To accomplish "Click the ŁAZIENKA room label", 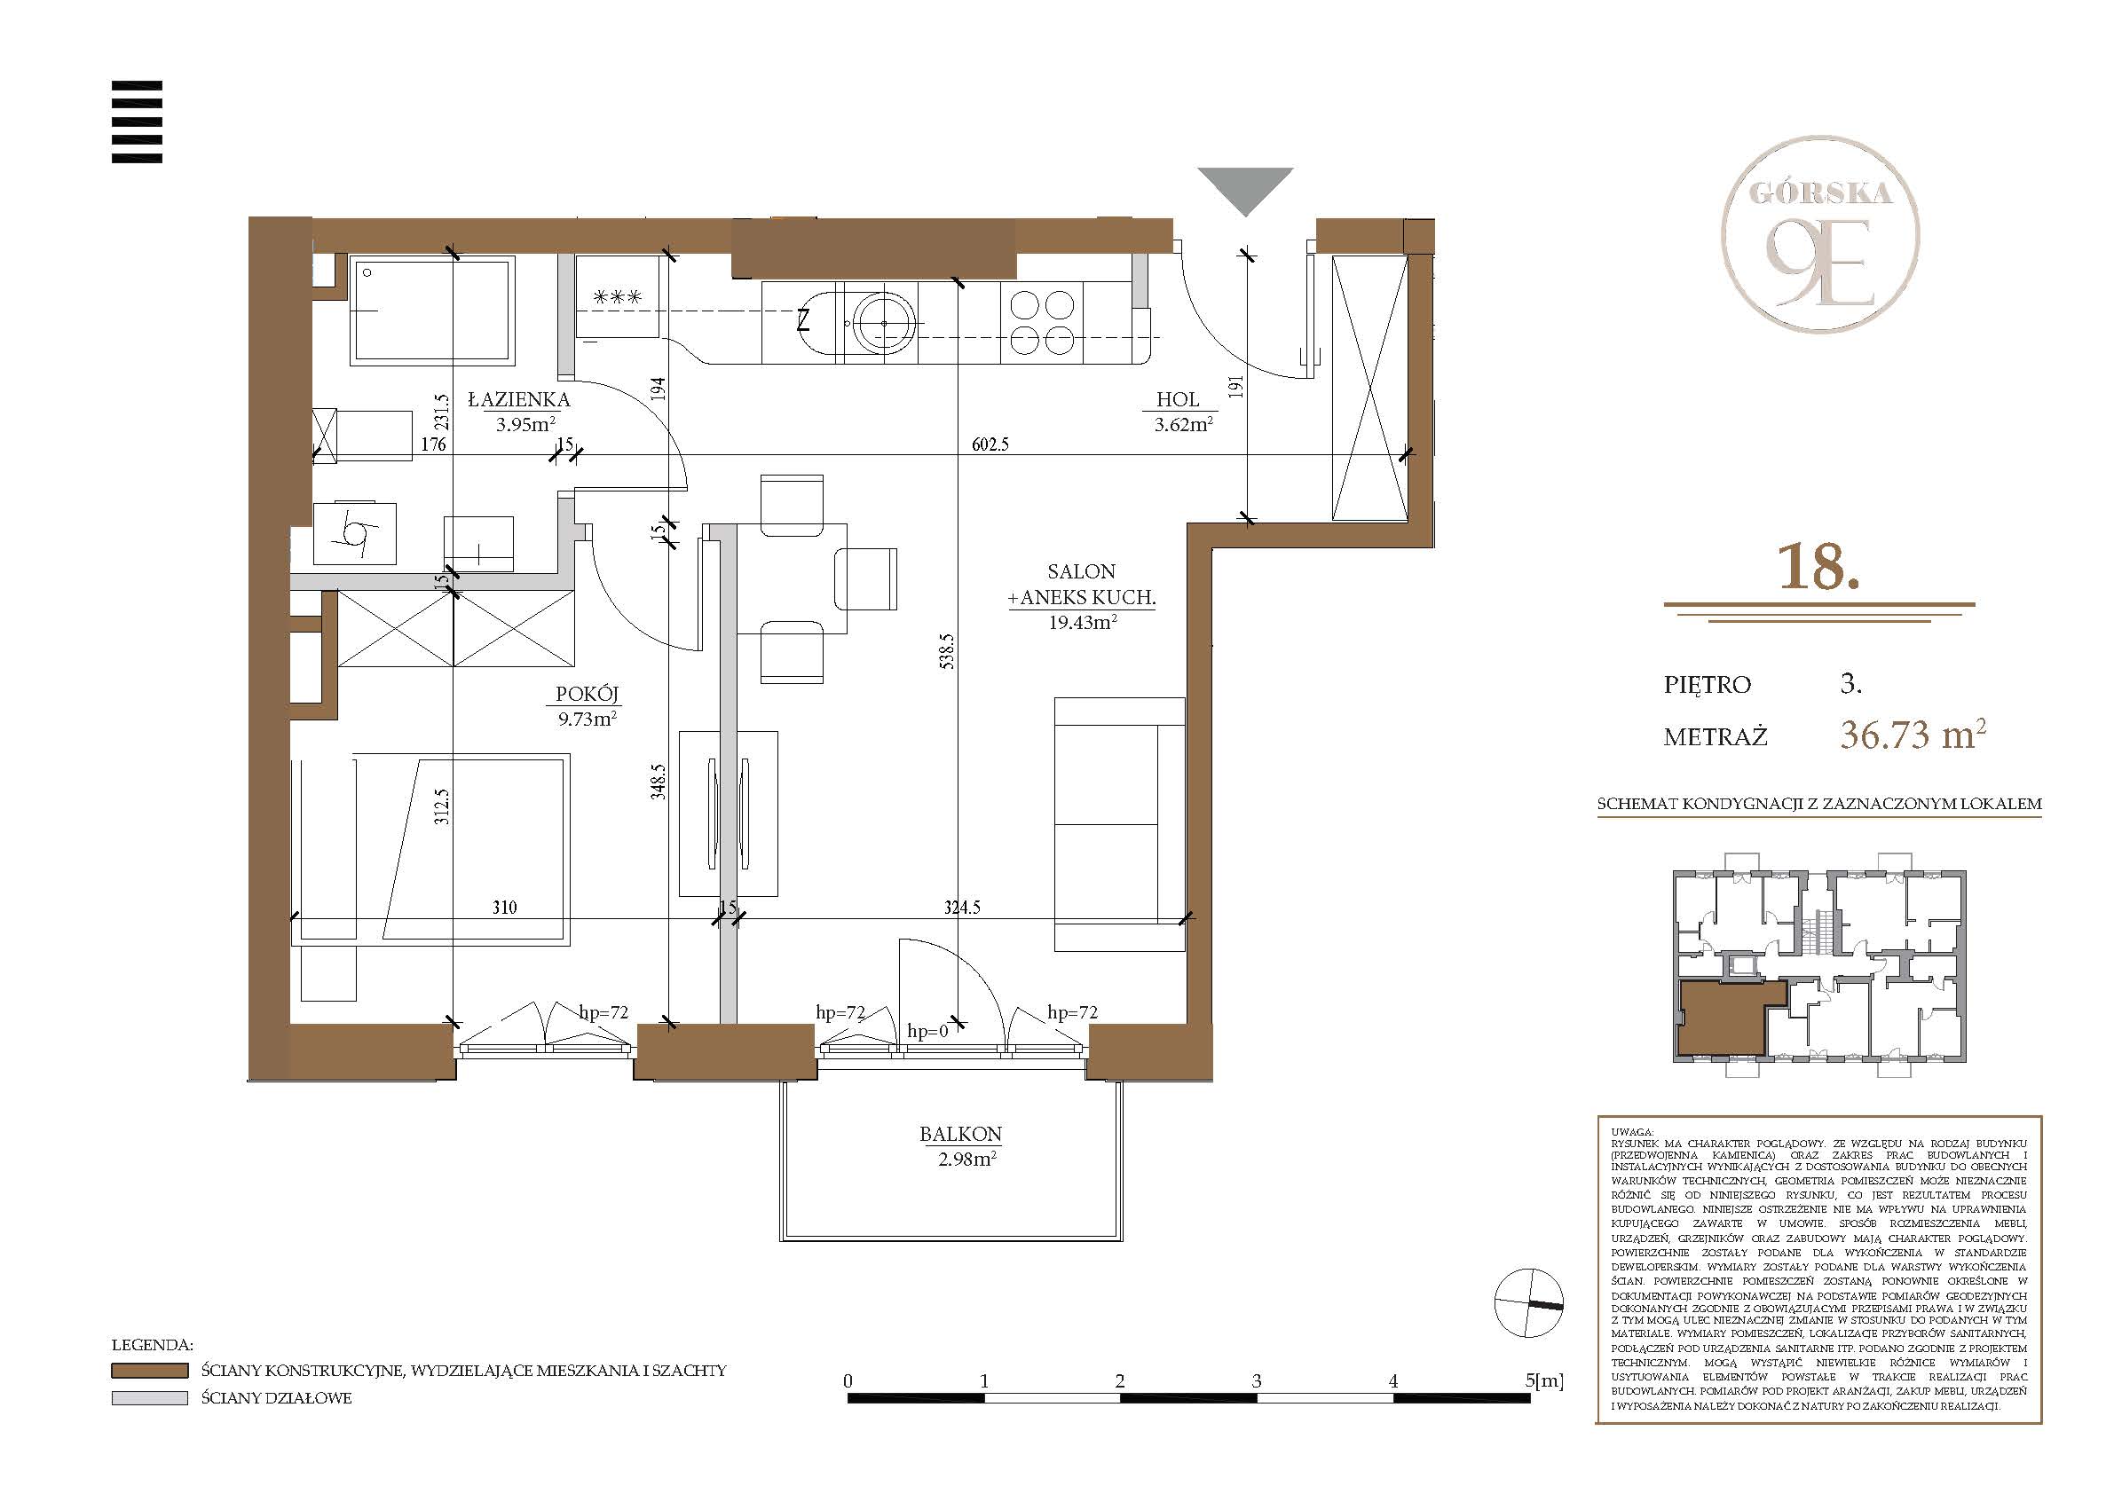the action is pos(519,399).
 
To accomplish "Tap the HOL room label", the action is pos(1178,399).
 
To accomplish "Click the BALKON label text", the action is pos(960,1134).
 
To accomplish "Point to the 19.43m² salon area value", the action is pos(1083,622).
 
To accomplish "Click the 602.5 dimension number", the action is pos(990,444).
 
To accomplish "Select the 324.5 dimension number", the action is pos(962,908).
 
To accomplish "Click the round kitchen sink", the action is pos(884,323).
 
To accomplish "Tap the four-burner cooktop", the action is pos(1042,322).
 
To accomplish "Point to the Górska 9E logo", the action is pos(1820,234).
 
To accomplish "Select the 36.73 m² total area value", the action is pos(1913,735).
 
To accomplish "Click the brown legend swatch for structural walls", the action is pos(149,1371).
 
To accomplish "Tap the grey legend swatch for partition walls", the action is pos(149,1397).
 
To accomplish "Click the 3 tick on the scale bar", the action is pos(1257,1380).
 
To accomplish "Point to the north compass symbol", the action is pos(1528,1302).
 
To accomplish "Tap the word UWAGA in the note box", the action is pos(1632,1132).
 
